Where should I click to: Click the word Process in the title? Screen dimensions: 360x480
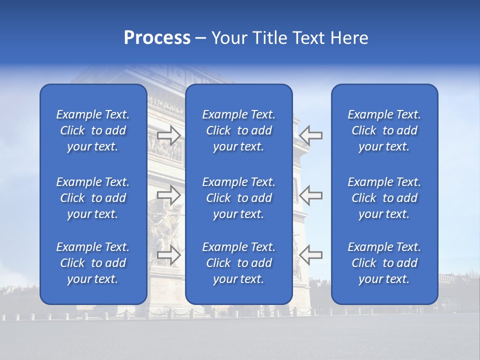click(157, 38)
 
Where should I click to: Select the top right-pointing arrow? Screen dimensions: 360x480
click(168, 135)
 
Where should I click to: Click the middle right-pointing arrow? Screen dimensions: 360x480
click(168, 195)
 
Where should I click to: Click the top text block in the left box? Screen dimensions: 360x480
click(93, 130)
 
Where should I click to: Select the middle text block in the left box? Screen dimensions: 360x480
click(93, 198)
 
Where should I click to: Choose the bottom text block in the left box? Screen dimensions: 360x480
click(93, 263)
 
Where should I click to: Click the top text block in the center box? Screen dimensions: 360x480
click(239, 130)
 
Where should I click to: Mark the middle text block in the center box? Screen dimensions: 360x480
click(239, 198)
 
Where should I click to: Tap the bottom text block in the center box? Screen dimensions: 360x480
click(239, 263)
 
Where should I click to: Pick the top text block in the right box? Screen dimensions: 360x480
click(384, 130)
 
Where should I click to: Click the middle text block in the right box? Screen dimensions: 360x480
click(384, 198)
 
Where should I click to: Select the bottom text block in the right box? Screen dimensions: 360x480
click(384, 263)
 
